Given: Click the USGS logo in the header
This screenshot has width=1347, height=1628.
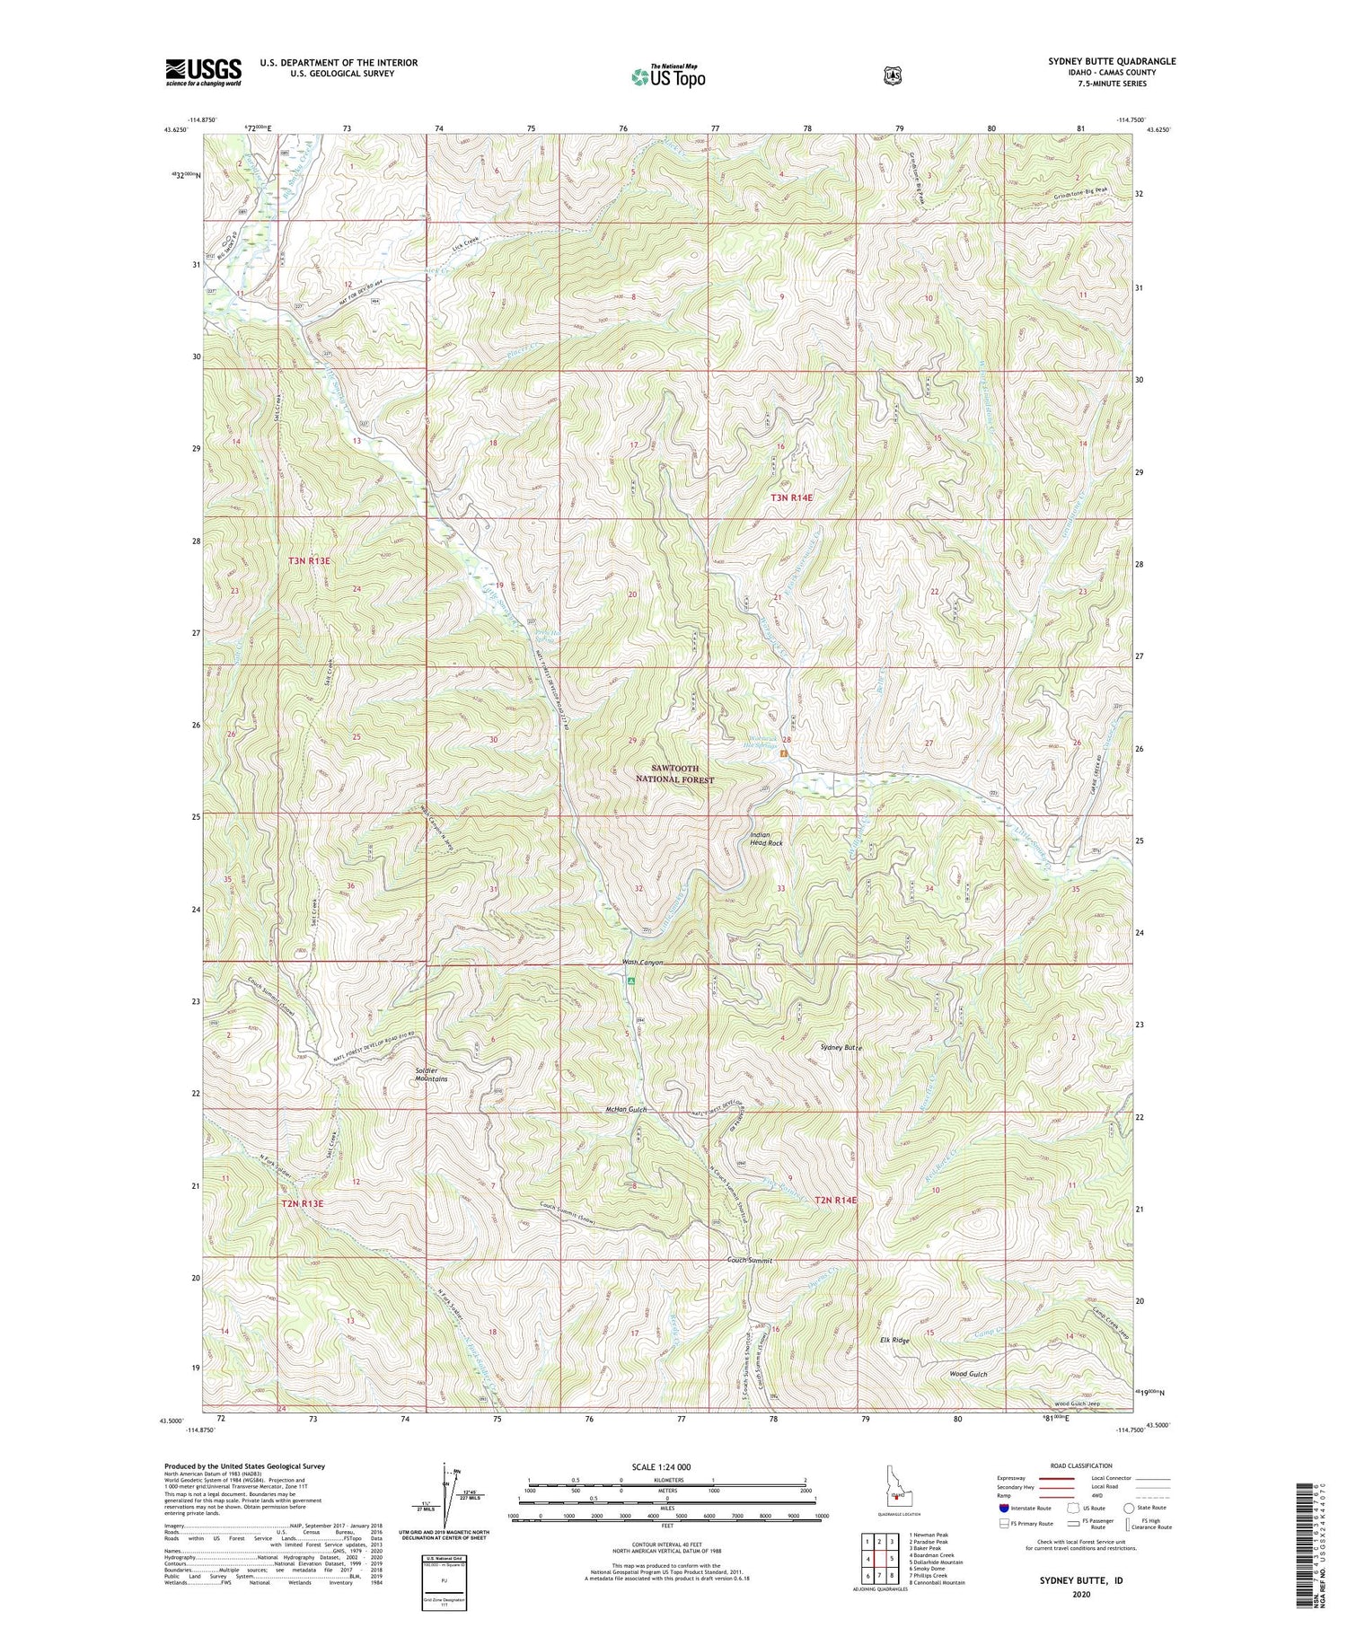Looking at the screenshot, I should tap(203, 72).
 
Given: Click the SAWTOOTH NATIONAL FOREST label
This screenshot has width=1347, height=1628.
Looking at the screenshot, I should tap(674, 774).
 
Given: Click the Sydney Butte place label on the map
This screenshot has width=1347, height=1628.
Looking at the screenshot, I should tap(841, 1048).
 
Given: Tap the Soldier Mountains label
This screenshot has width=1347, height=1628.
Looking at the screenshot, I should tap(431, 1074).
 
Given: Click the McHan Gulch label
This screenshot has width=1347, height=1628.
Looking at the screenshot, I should tap(626, 1110).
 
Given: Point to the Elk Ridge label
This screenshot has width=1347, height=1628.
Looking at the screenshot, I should tap(894, 1341).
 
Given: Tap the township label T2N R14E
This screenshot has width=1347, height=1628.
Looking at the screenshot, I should tap(835, 1200).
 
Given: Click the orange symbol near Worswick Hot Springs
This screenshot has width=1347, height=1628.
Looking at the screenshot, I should tap(783, 753).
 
